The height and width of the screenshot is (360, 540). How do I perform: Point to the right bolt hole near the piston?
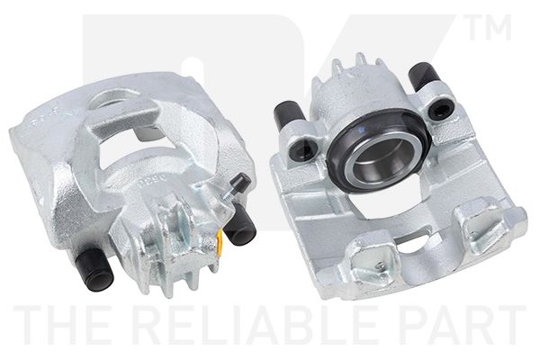tap(440, 111)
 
